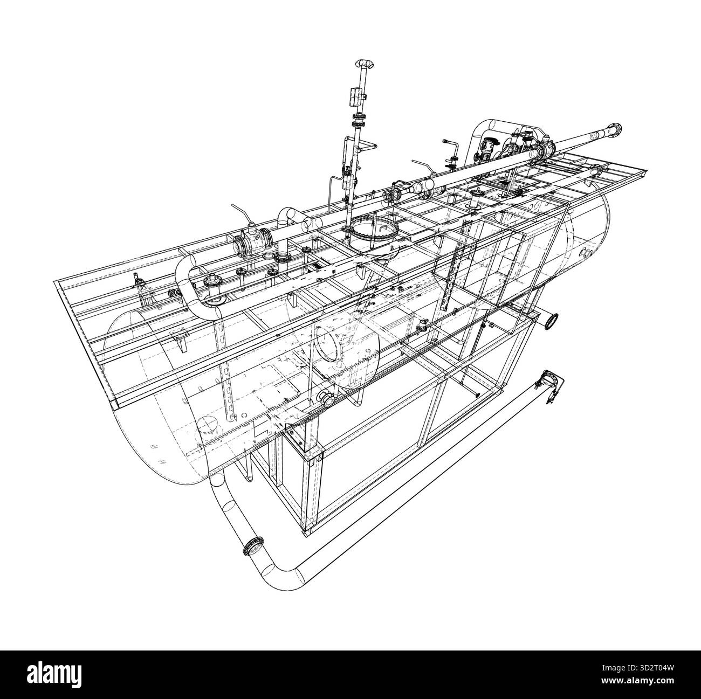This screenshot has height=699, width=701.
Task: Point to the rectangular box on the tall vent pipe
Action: tap(355, 95)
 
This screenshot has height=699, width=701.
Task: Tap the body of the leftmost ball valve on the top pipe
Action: tap(252, 242)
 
